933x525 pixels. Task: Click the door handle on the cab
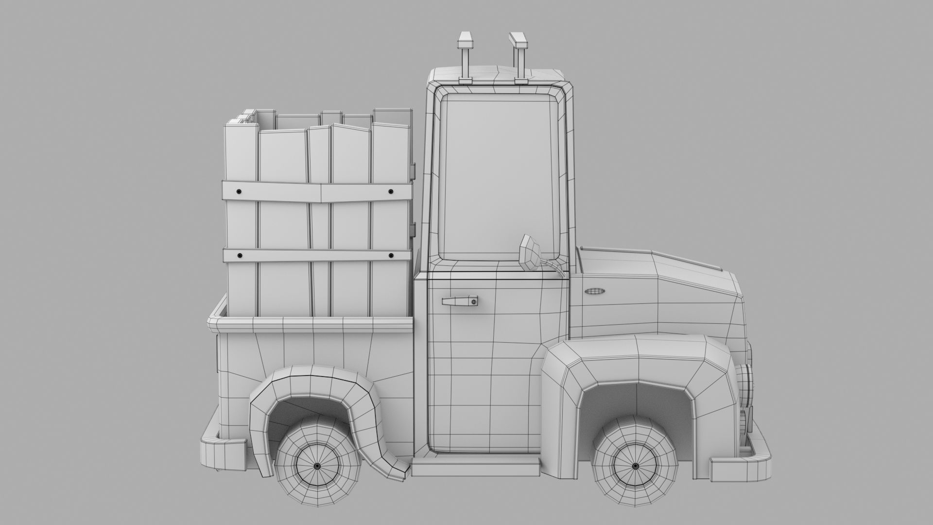point(459,301)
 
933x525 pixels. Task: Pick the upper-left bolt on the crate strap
point(239,192)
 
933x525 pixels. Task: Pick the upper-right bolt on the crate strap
point(390,192)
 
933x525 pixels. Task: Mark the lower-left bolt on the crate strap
point(239,255)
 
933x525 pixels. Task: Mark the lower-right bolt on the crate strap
point(390,255)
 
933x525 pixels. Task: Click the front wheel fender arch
point(637,362)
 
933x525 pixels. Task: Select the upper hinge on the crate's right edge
point(413,170)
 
